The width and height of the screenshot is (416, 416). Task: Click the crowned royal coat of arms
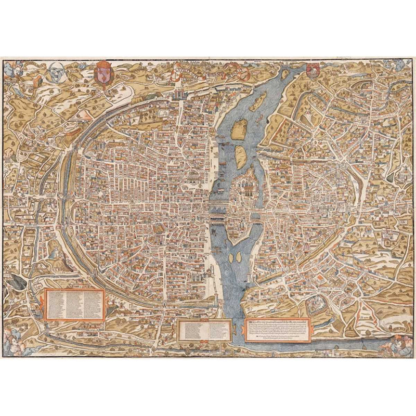(102, 73)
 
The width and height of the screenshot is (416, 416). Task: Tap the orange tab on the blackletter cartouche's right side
(310, 330)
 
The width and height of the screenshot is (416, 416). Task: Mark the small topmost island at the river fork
(284, 76)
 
